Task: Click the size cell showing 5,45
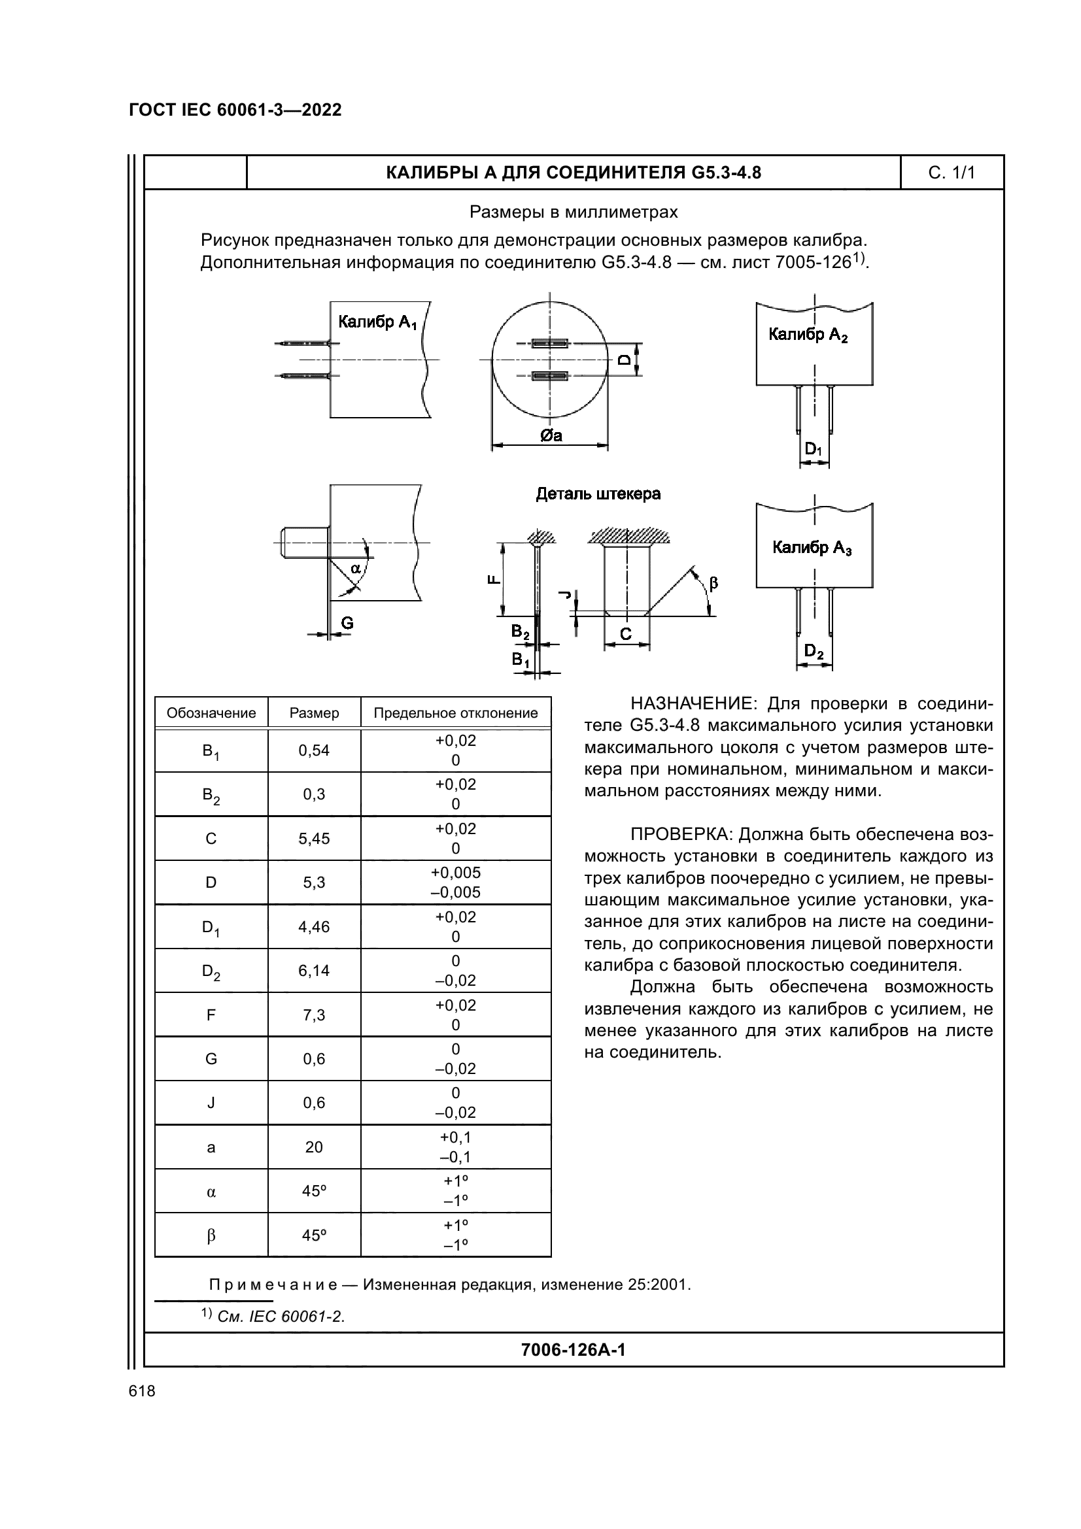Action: [314, 839]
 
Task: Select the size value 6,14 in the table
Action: [314, 970]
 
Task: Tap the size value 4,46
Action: [314, 926]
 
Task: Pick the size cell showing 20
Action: [314, 1147]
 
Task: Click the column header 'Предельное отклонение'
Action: [456, 713]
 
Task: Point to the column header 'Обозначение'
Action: [211, 713]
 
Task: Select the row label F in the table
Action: [211, 1015]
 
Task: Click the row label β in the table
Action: [211, 1235]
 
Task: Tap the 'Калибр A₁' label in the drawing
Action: [377, 323]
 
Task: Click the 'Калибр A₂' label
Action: [808, 335]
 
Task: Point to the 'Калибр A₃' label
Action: [812, 548]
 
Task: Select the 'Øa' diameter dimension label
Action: [551, 435]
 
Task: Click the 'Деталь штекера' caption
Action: [598, 494]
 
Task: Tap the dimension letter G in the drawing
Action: [347, 624]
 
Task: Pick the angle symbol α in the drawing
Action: [356, 568]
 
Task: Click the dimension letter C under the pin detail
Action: [625, 634]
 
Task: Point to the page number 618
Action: [142, 1391]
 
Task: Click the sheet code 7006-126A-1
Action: [573, 1350]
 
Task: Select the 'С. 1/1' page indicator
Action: [951, 173]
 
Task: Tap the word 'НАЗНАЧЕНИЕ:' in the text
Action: [692, 704]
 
